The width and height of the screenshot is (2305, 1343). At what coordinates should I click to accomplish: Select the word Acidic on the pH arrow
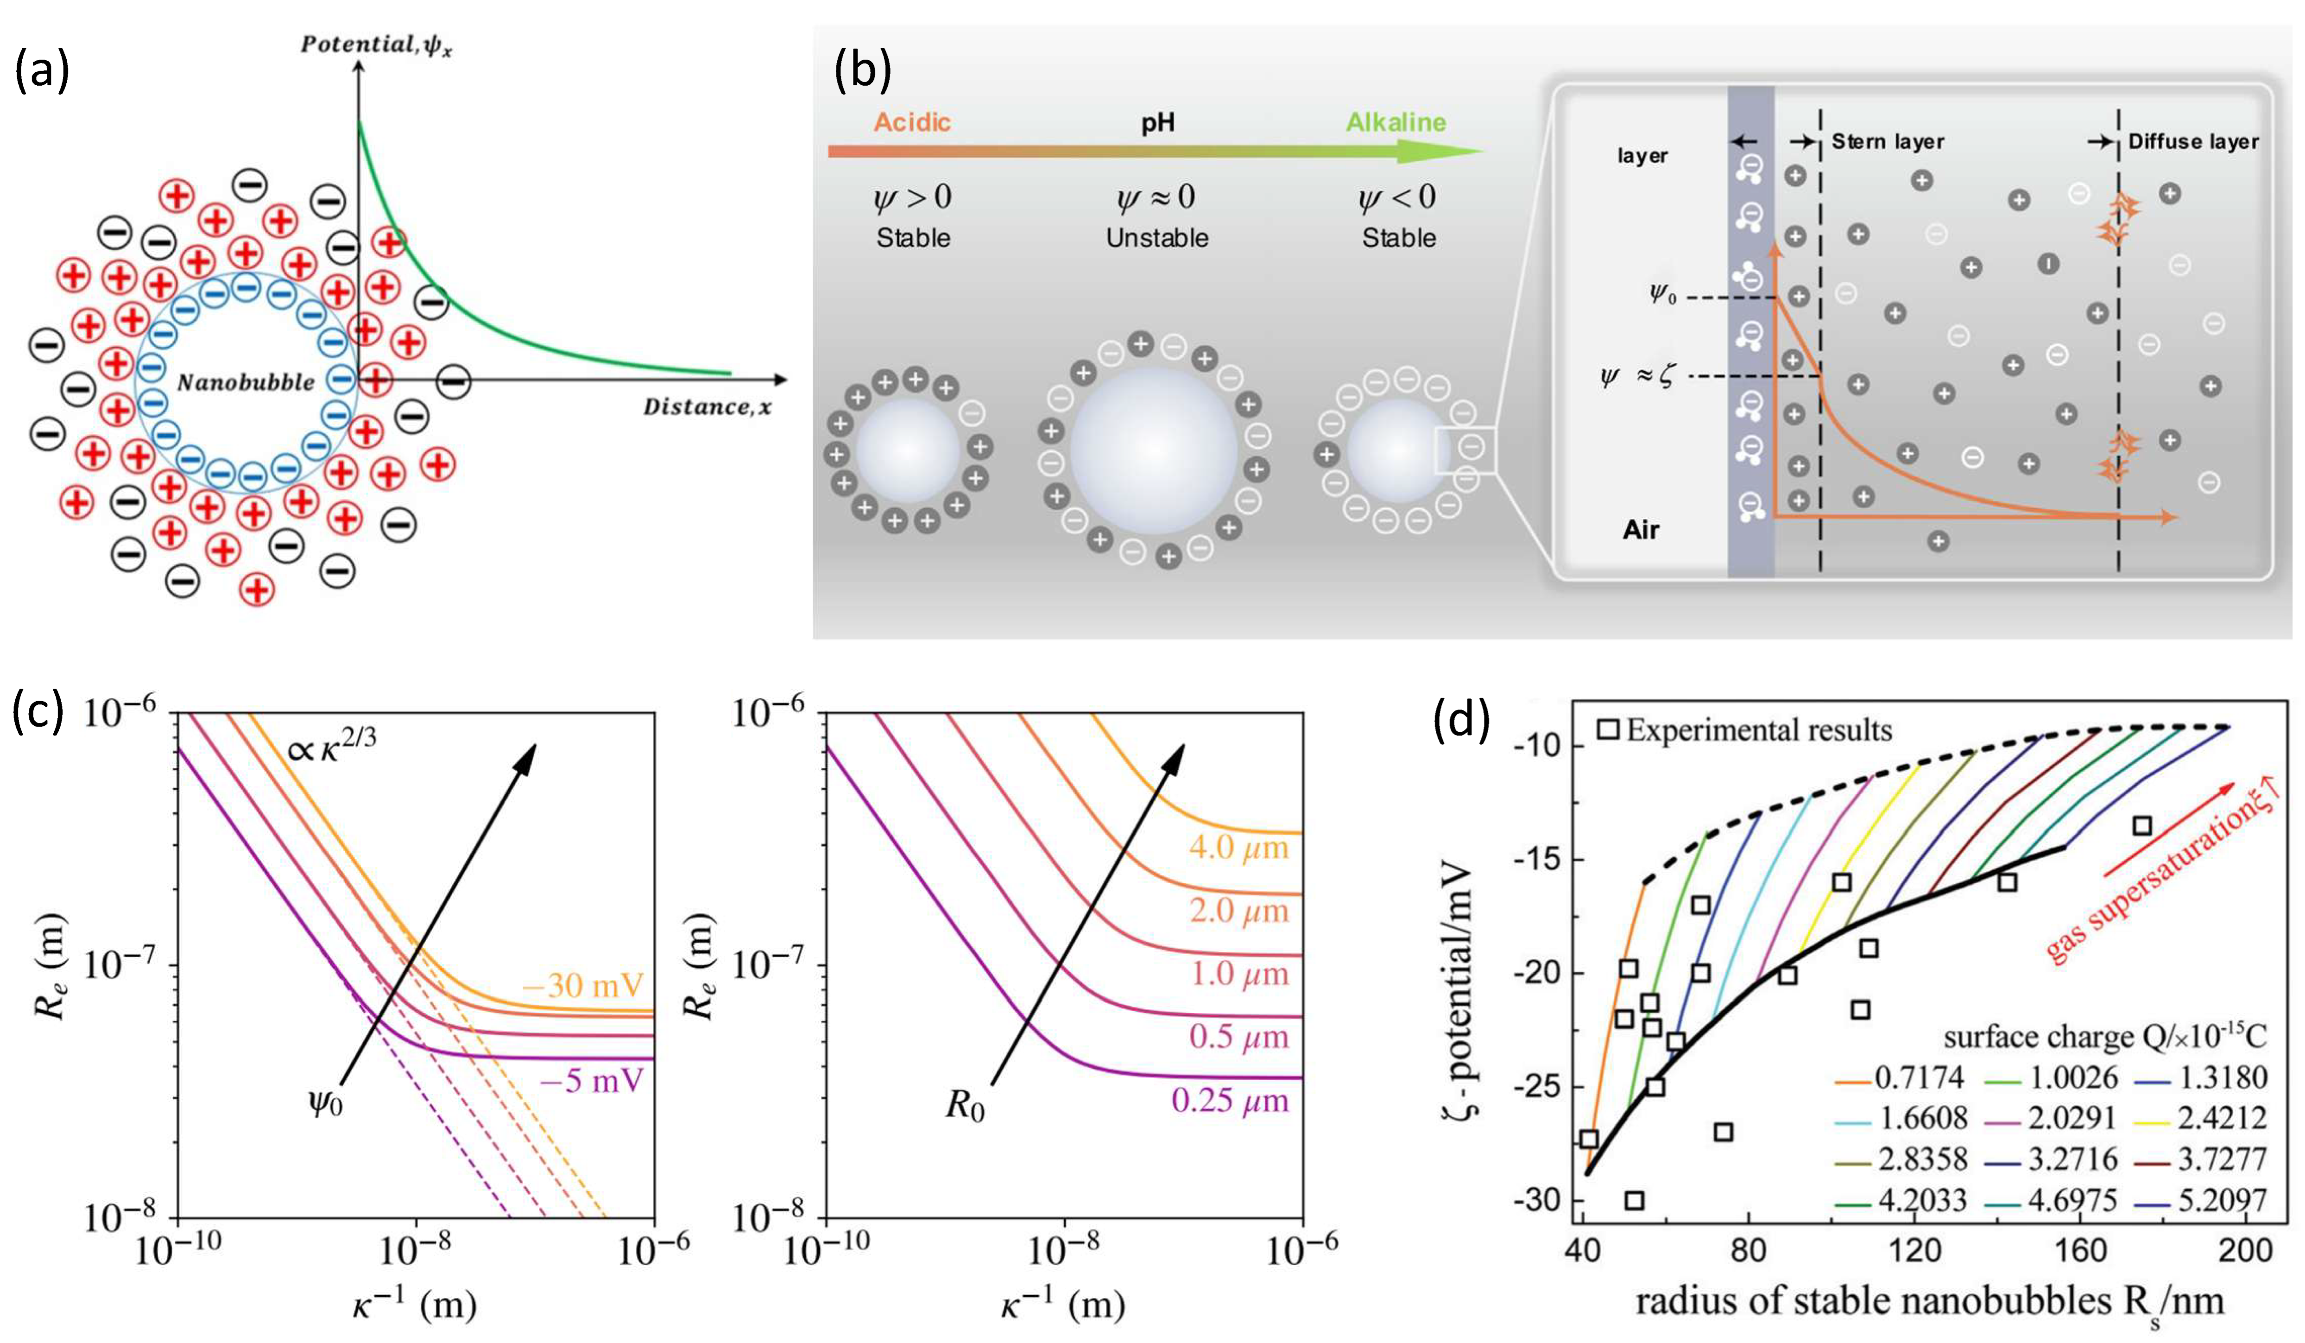912,123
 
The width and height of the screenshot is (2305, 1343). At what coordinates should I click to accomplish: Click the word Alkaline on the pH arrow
1396,123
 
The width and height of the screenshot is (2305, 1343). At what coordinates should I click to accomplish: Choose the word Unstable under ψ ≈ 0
1157,238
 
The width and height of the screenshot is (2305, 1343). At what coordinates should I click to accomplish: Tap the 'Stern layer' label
1887,142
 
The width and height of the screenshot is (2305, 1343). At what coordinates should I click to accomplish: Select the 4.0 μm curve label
1238,848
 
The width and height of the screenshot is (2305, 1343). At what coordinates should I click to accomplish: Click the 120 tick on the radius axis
1914,1251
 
